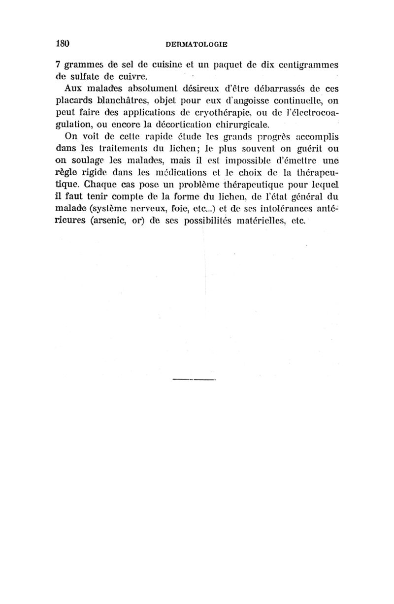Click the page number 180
pyautogui.click(x=62, y=43)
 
